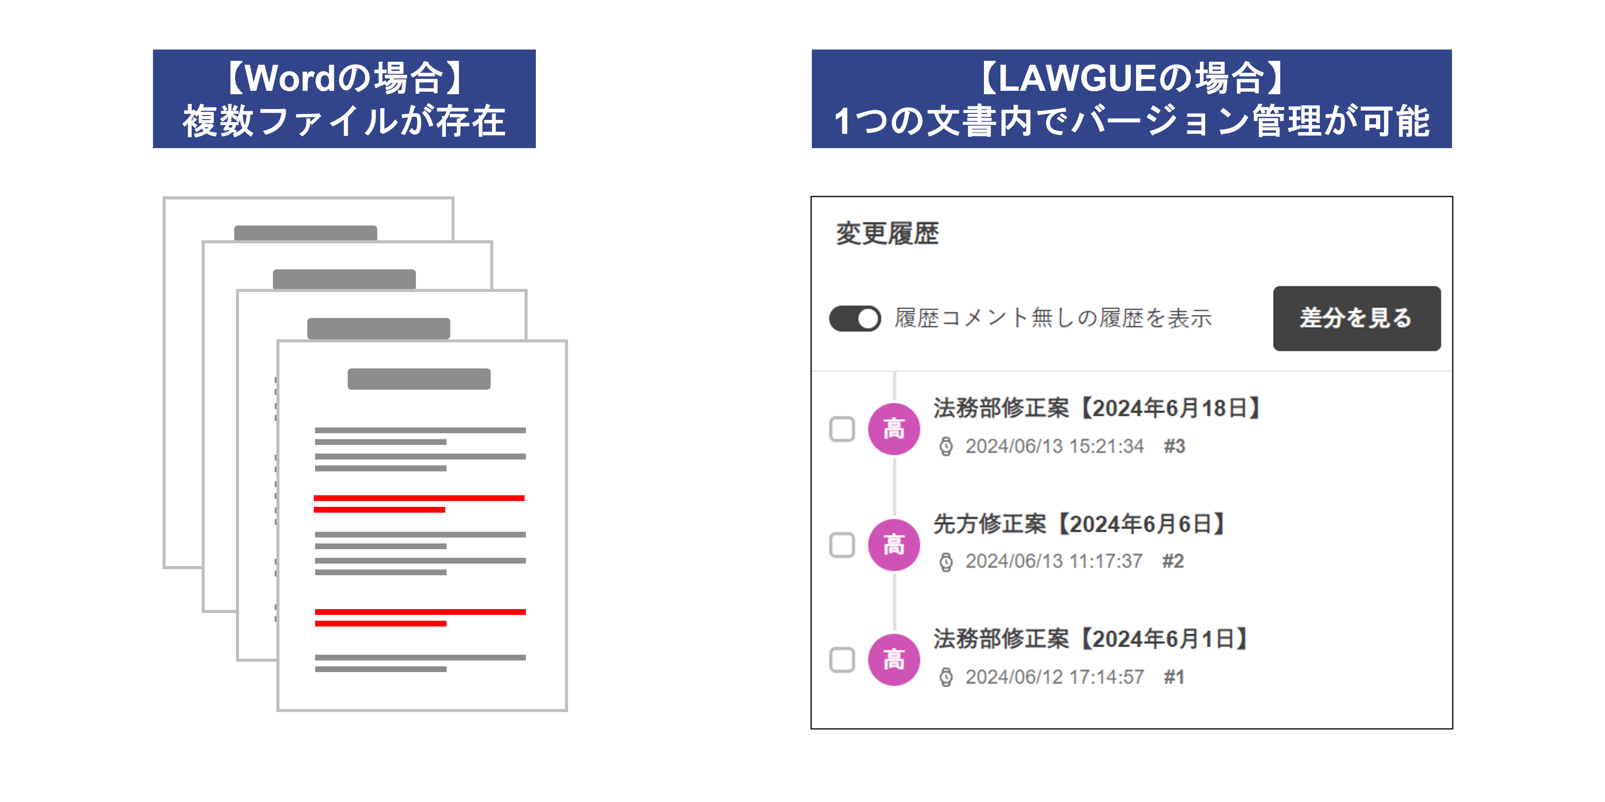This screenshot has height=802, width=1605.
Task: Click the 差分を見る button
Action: [x=1356, y=318]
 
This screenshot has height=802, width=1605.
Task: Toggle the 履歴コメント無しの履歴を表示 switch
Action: [x=855, y=318]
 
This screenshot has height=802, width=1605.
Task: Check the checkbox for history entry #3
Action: [x=842, y=429]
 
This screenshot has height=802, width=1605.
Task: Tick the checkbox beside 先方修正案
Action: [x=842, y=545]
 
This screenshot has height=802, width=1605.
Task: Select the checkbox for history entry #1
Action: [x=842, y=659]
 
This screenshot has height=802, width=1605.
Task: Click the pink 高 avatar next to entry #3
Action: [x=894, y=429]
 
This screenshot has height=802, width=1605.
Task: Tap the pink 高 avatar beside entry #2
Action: [x=894, y=545]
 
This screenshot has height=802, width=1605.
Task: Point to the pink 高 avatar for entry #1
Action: [x=894, y=659]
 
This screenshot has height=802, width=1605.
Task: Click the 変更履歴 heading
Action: [x=887, y=233]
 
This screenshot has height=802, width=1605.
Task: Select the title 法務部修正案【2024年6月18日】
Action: [x=1098, y=408]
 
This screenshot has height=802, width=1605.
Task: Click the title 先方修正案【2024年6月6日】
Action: [x=1080, y=524]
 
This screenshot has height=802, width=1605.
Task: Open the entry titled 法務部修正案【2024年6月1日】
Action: [x=1092, y=638]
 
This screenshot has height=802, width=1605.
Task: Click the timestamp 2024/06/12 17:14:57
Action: [x=1054, y=677]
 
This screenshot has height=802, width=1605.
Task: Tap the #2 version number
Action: [x=1173, y=561]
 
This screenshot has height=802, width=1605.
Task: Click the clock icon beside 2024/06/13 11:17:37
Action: [x=946, y=562]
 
